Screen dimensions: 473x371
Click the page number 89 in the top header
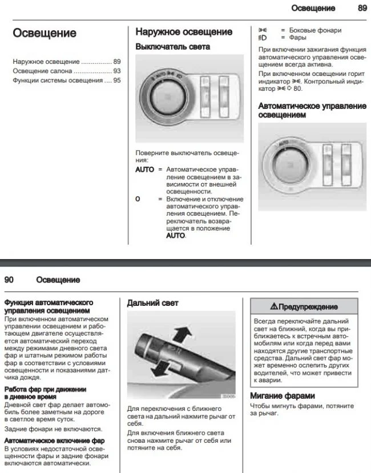click(x=362, y=9)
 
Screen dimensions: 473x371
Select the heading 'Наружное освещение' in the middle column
click(x=183, y=32)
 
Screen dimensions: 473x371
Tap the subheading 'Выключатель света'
click(x=172, y=47)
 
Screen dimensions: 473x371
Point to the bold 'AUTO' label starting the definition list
click(x=144, y=170)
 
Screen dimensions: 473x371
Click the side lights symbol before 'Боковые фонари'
click(x=263, y=30)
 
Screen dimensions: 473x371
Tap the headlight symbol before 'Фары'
click(x=263, y=38)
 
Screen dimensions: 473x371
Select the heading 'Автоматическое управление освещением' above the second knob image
click(x=312, y=110)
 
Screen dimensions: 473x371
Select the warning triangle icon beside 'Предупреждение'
click(x=275, y=307)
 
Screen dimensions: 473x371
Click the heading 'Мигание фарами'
click(x=283, y=395)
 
